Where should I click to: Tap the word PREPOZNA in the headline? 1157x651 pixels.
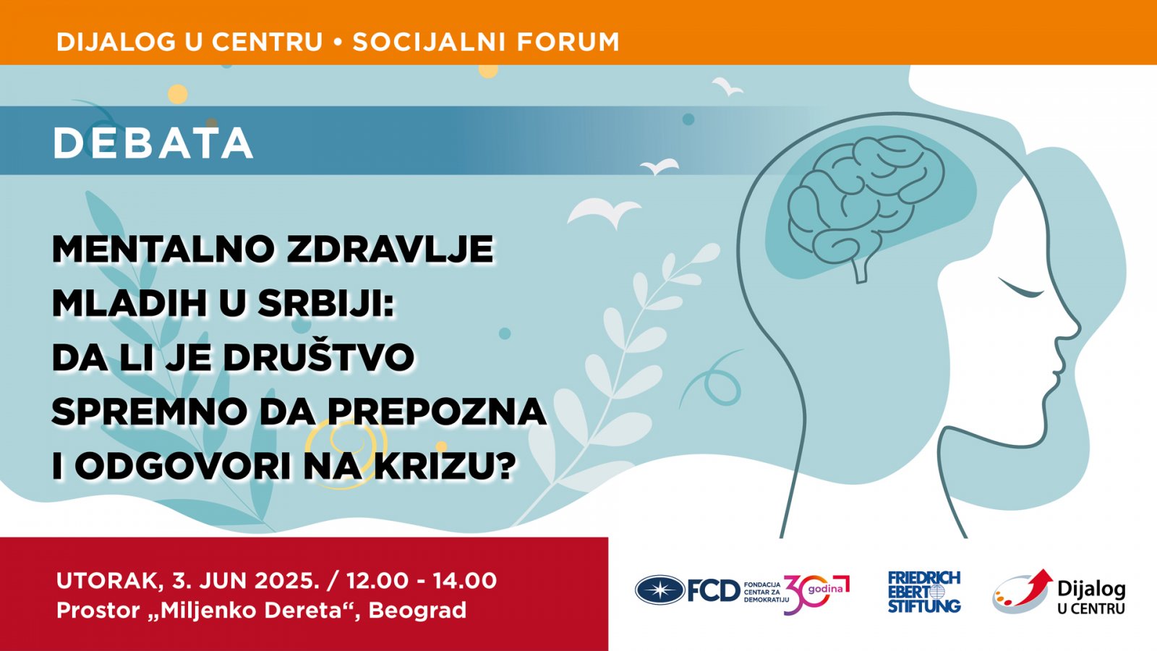437,412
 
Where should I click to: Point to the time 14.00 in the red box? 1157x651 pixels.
465,581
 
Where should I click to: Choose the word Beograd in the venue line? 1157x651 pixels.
417,610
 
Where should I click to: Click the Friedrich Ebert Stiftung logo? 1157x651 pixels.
924,592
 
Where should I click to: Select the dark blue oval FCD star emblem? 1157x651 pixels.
660,590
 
